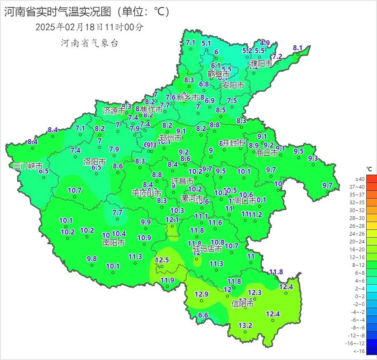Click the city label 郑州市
pyautogui.click(x=171, y=138)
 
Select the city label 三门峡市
pyautogui.click(x=28, y=166)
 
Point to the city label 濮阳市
pyautogui.click(x=261, y=64)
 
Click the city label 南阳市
pyautogui.click(x=114, y=243)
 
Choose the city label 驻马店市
pyautogui.click(x=208, y=249)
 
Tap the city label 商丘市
pyautogui.click(x=267, y=153)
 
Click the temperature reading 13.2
pyautogui.click(x=245, y=325)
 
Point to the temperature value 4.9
pyautogui.click(x=265, y=43)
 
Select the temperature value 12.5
pyautogui.click(x=162, y=260)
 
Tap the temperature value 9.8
pyautogui.click(x=91, y=259)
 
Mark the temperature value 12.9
pyautogui.click(x=201, y=294)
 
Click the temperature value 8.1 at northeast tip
pyautogui.click(x=298, y=48)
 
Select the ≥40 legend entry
pyautogui.click(x=360, y=179)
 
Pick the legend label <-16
pyautogui.click(x=360, y=351)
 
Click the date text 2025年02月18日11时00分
pyautogui.click(x=89, y=27)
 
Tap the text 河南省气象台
pyautogui.click(x=89, y=43)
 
